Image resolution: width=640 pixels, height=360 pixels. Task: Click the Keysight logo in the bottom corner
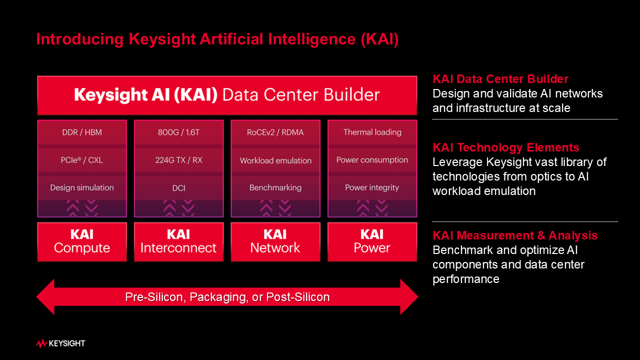(x=61, y=343)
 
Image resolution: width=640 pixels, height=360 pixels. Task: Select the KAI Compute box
(x=82, y=241)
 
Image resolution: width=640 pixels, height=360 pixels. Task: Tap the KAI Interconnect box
(x=178, y=241)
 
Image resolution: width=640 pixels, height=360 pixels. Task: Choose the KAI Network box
(x=275, y=241)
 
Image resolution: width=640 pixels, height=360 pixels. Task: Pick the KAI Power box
(x=372, y=241)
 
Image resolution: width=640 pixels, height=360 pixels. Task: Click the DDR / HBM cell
(x=82, y=132)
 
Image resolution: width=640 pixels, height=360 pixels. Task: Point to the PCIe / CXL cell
(x=82, y=160)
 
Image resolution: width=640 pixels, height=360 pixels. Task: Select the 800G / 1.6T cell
(x=178, y=132)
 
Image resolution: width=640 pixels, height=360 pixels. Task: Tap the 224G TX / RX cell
(x=178, y=160)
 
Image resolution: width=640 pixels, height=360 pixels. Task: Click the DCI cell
(x=178, y=187)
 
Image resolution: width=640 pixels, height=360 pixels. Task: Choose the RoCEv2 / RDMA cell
(x=275, y=132)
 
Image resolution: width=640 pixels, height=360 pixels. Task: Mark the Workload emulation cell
(x=275, y=160)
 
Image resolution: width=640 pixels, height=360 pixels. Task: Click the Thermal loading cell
(x=372, y=132)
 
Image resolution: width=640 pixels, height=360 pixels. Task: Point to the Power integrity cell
(x=372, y=187)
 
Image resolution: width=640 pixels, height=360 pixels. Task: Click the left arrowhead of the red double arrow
(x=45, y=297)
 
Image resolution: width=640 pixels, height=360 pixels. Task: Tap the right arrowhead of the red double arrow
(x=409, y=297)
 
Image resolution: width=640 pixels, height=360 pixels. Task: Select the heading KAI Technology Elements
(x=505, y=147)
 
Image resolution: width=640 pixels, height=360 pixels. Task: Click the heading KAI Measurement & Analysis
(x=515, y=235)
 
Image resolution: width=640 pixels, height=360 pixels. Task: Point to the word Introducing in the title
(x=79, y=39)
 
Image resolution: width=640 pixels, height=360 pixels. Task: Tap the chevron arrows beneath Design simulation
(x=82, y=208)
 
